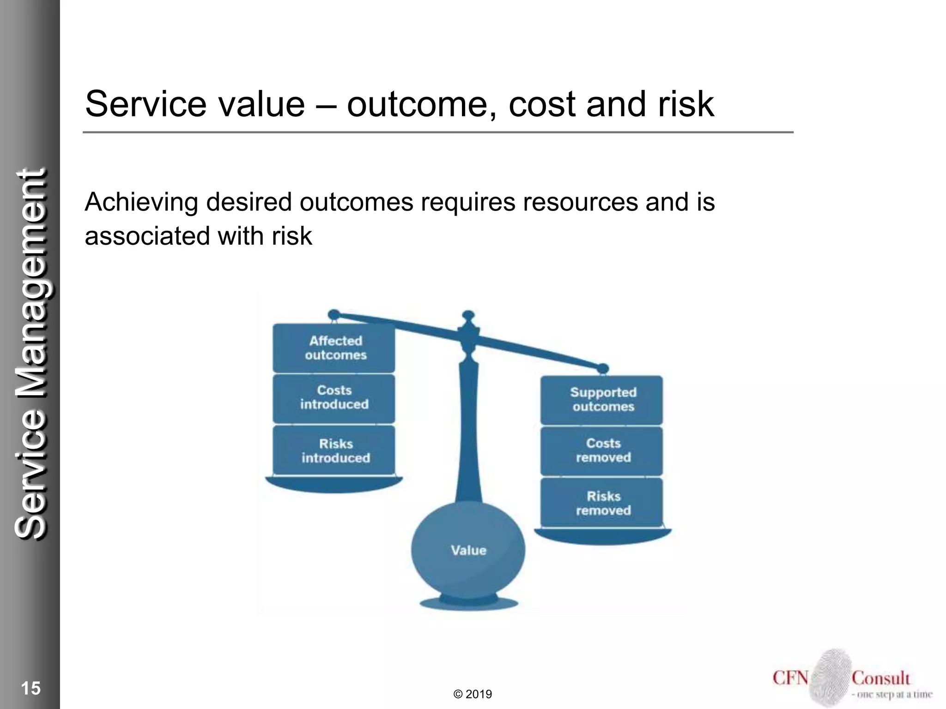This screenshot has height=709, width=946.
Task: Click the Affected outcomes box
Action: point(334,348)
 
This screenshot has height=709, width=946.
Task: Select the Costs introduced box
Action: point(334,398)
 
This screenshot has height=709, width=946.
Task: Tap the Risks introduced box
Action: point(334,451)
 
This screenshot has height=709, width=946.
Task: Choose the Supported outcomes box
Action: point(602,400)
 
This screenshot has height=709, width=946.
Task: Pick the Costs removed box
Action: point(602,451)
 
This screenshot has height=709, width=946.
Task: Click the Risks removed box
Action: point(602,503)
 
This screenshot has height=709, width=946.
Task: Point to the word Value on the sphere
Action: point(468,550)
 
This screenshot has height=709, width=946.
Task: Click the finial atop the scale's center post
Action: point(468,318)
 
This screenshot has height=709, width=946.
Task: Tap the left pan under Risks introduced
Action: point(334,484)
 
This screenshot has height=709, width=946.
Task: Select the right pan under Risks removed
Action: point(603,536)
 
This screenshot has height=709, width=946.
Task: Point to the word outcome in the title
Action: point(417,104)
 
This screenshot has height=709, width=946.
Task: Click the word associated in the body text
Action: point(147,236)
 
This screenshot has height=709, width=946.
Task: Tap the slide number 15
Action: point(31,688)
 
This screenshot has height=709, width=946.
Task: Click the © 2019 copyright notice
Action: point(473,694)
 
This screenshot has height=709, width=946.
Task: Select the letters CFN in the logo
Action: point(790,678)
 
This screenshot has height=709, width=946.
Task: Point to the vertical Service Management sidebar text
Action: point(30,354)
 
